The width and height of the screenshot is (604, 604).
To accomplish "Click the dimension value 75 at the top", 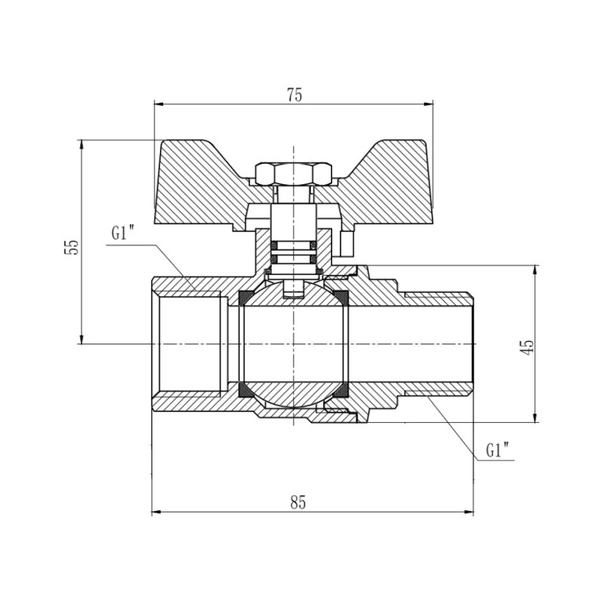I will pyautogui.click(x=294, y=94).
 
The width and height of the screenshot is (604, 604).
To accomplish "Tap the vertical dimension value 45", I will pyautogui.click(x=528, y=345).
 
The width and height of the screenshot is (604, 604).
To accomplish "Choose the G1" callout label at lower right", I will pyautogui.click(x=497, y=451).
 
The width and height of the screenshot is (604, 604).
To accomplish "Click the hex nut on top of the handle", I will pyautogui.click(x=292, y=174).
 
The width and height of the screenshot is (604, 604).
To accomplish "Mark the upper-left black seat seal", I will pyautogui.click(x=246, y=297).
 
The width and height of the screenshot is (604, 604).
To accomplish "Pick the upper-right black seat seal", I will pyautogui.click(x=341, y=297).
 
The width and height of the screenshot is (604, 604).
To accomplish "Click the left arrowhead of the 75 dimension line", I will pyautogui.click(x=158, y=103).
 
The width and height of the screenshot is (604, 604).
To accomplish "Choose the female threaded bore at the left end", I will pyautogui.click(x=189, y=344).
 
